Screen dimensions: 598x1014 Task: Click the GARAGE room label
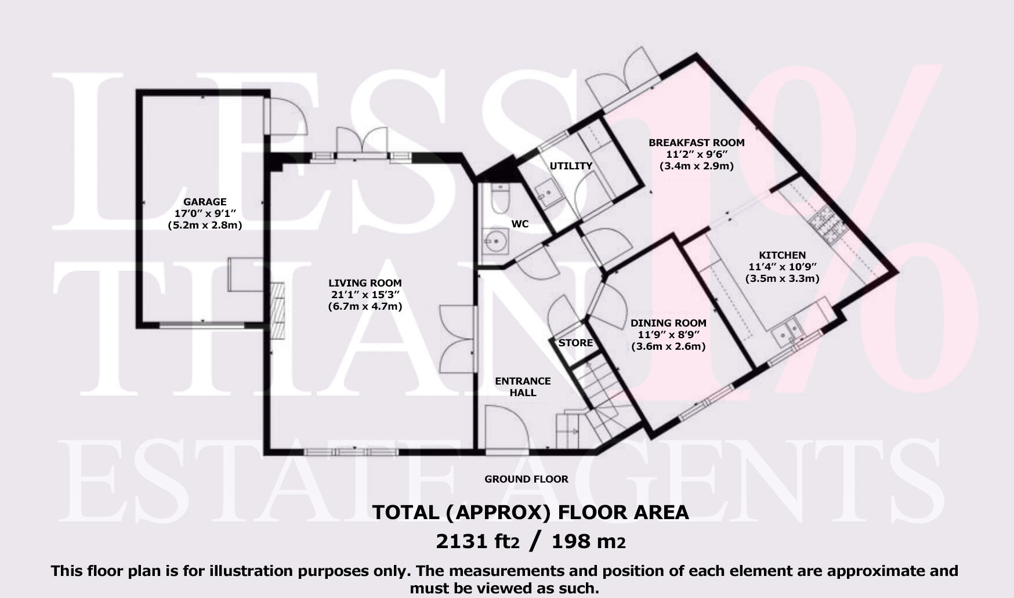click(205, 202)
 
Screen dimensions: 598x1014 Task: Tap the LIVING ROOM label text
click(365, 283)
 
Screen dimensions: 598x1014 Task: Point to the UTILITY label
click(571, 166)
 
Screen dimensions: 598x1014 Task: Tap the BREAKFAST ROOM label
click(696, 143)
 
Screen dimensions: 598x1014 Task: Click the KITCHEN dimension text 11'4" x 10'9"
click(782, 267)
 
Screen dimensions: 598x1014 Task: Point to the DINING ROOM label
click(668, 323)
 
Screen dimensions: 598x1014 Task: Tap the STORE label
click(575, 343)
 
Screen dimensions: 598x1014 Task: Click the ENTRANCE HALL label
click(523, 387)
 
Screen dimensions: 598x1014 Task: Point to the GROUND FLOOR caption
click(526, 479)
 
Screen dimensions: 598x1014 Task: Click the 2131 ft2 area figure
click(477, 542)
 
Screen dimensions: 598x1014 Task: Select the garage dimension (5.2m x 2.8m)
click(205, 225)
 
